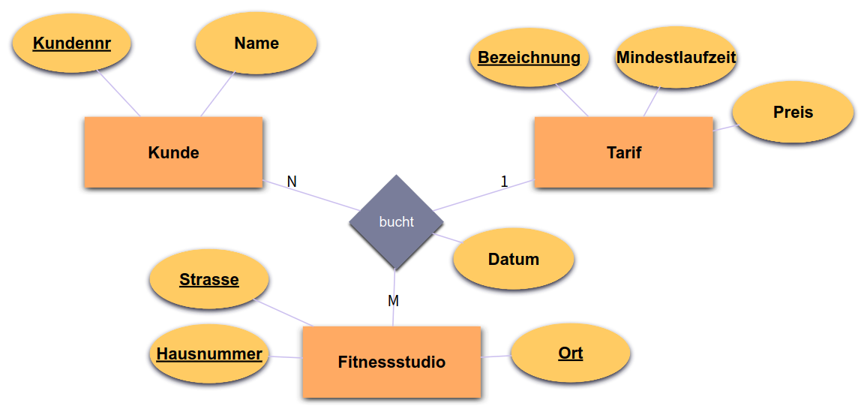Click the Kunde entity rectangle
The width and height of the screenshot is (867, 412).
click(x=173, y=152)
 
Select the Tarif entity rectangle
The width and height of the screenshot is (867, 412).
click(x=623, y=152)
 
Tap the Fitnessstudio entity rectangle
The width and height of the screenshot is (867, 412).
click(x=391, y=362)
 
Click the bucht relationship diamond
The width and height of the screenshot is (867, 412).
click(x=396, y=222)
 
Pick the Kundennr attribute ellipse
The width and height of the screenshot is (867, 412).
click(x=72, y=44)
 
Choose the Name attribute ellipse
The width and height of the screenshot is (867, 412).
click(x=256, y=44)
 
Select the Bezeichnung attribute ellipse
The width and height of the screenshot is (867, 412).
click(x=529, y=58)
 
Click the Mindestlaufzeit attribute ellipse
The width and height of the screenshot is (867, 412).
click(x=676, y=58)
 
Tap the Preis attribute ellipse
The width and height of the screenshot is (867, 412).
click(x=793, y=113)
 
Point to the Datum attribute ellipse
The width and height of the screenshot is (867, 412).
click(x=514, y=260)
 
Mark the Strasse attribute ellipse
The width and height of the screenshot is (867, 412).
click(x=209, y=280)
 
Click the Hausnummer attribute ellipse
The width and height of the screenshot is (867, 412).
click(x=209, y=354)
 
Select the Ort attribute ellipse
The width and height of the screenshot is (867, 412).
click(x=570, y=353)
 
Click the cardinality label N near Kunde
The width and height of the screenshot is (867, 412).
click(x=292, y=182)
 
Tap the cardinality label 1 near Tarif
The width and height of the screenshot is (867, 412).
click(x=504, y=182)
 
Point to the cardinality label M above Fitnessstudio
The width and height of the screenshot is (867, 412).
click(x=393, y=301)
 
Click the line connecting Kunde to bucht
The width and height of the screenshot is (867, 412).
click(x=311, y=196)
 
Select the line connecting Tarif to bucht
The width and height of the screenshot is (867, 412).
click(x=484, y=195)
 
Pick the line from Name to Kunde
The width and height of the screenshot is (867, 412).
click(x=218, y=95)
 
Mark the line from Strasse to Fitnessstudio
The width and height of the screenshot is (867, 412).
click(x=285, y=313)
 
